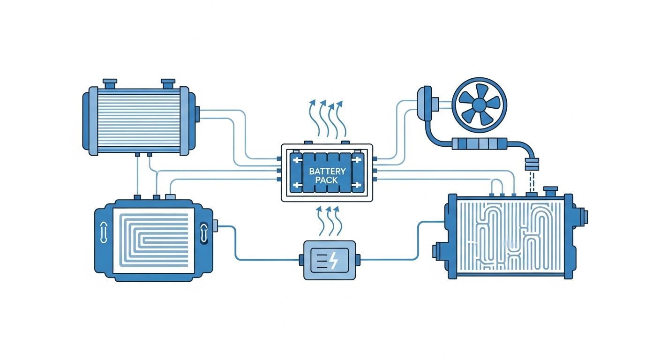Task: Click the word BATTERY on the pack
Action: [327, 172]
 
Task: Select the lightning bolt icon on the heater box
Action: [333, 261]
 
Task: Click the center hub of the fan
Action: [479, 102]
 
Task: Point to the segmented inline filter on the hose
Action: [480, 143]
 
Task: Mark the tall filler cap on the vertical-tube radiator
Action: [549, 192]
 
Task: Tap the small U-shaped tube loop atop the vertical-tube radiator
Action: [497, 188]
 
